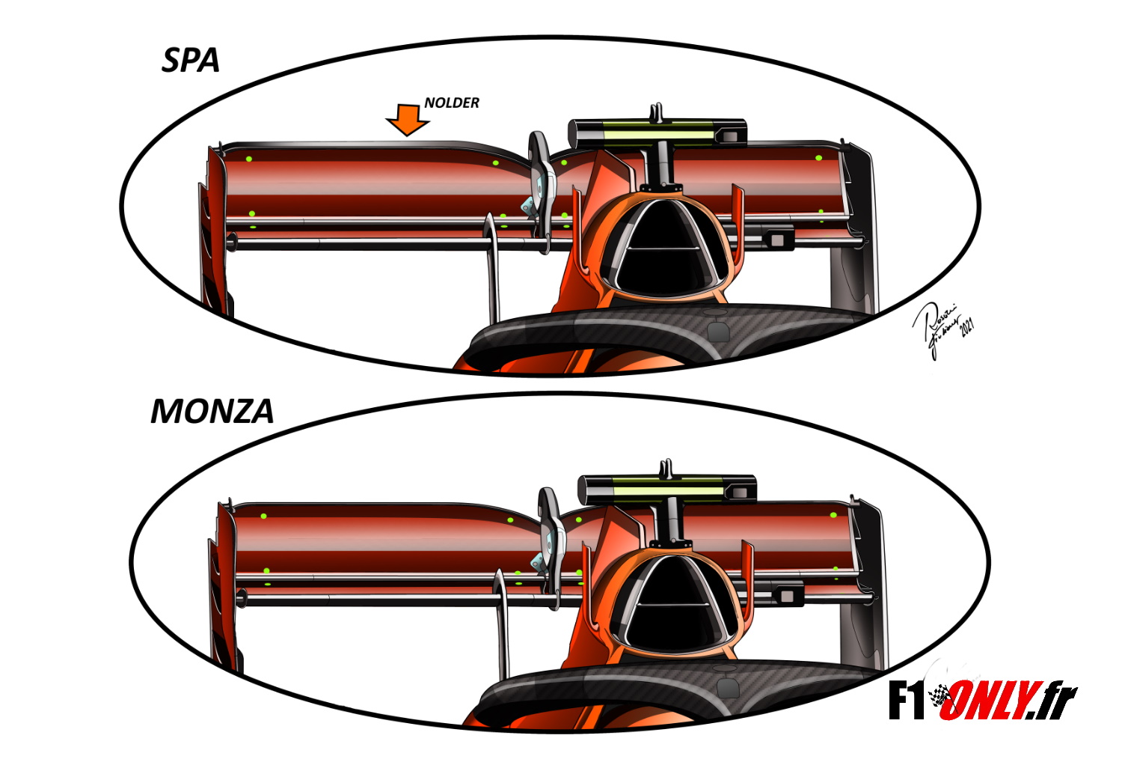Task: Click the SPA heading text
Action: (x=191, y=60)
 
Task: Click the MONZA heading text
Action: (x=212, y=411)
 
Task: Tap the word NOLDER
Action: (x=452, y=103)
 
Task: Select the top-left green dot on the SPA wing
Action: (x=249, y=159)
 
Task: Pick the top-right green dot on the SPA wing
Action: (x=818, y=158)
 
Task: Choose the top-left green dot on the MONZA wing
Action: (x=263, y=516)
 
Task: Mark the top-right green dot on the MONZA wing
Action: (x=833, y=514)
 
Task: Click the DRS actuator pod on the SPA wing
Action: (x=540, y=180)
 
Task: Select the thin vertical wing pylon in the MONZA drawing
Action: (x=503, y=629)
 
